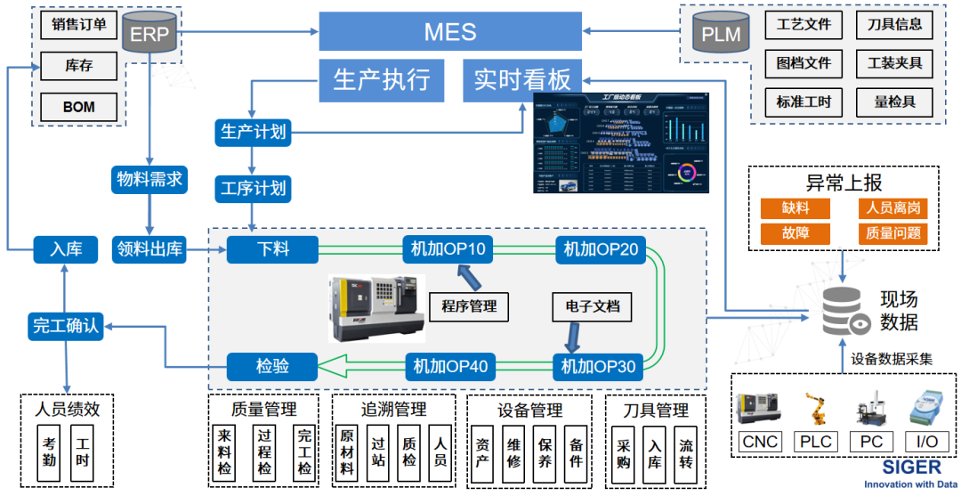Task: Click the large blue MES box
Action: click(x=449, y=32)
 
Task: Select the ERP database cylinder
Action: click(x=149, y=35)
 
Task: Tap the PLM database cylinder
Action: click(x=720, y=35)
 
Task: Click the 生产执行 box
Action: click(x=381, y=79)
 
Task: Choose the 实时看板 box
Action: click(x=522, y=79)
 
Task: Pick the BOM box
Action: click(x=78, y=107)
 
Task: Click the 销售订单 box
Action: click(x=78, y=25)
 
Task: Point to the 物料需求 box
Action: click(x=149, y=179)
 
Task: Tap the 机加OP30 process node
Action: click(x=601, y=365)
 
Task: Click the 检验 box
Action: click(x=272, y=365)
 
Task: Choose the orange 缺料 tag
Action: click(x=795, y=208)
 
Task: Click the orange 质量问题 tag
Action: click(x=892, y=234)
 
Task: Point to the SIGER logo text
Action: click(x=910, y=468)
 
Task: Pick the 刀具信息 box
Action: click(x=894, y=25)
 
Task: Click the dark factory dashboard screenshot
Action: click(x=620, y=142)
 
